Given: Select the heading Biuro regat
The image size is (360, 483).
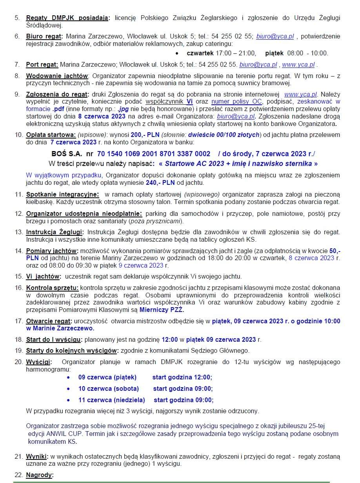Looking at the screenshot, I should pyautogui.click(x=43, y=36).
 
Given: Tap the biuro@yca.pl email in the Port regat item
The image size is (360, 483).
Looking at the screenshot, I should pyautogui.click(x=258, y=65).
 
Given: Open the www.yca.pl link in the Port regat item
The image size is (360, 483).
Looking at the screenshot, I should pyautogui.click(x=298, y=65).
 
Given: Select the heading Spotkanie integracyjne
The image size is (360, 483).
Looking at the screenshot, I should pyautogui.click(x=62, y=195).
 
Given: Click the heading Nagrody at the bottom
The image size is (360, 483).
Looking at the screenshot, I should pyautogui.click(x=39, y=475).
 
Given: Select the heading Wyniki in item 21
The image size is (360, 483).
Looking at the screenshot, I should pyautogui.click(x=36, y=457).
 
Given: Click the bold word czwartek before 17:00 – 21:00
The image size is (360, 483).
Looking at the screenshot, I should pyautogui.click(x=200, y=53).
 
